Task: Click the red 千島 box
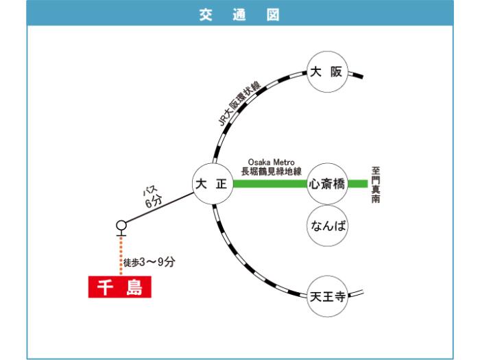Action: click(120, 287)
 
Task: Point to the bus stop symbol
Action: click(121, 228)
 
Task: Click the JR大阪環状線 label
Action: click(239, 104)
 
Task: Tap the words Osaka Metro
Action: click(272, 162)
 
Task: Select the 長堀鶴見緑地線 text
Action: click(272, 171)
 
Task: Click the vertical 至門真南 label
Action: click(376, 184)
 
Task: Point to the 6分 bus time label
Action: click(154, 202)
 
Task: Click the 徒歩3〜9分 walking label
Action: click(149, 262)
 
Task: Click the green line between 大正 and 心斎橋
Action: click(270, 184)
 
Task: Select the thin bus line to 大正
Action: click(159, 208)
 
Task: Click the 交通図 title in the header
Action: click(239, 14)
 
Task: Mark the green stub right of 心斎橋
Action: click(358, 184)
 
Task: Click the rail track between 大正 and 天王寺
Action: click(245, 263)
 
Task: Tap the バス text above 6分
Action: click(149, 191)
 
